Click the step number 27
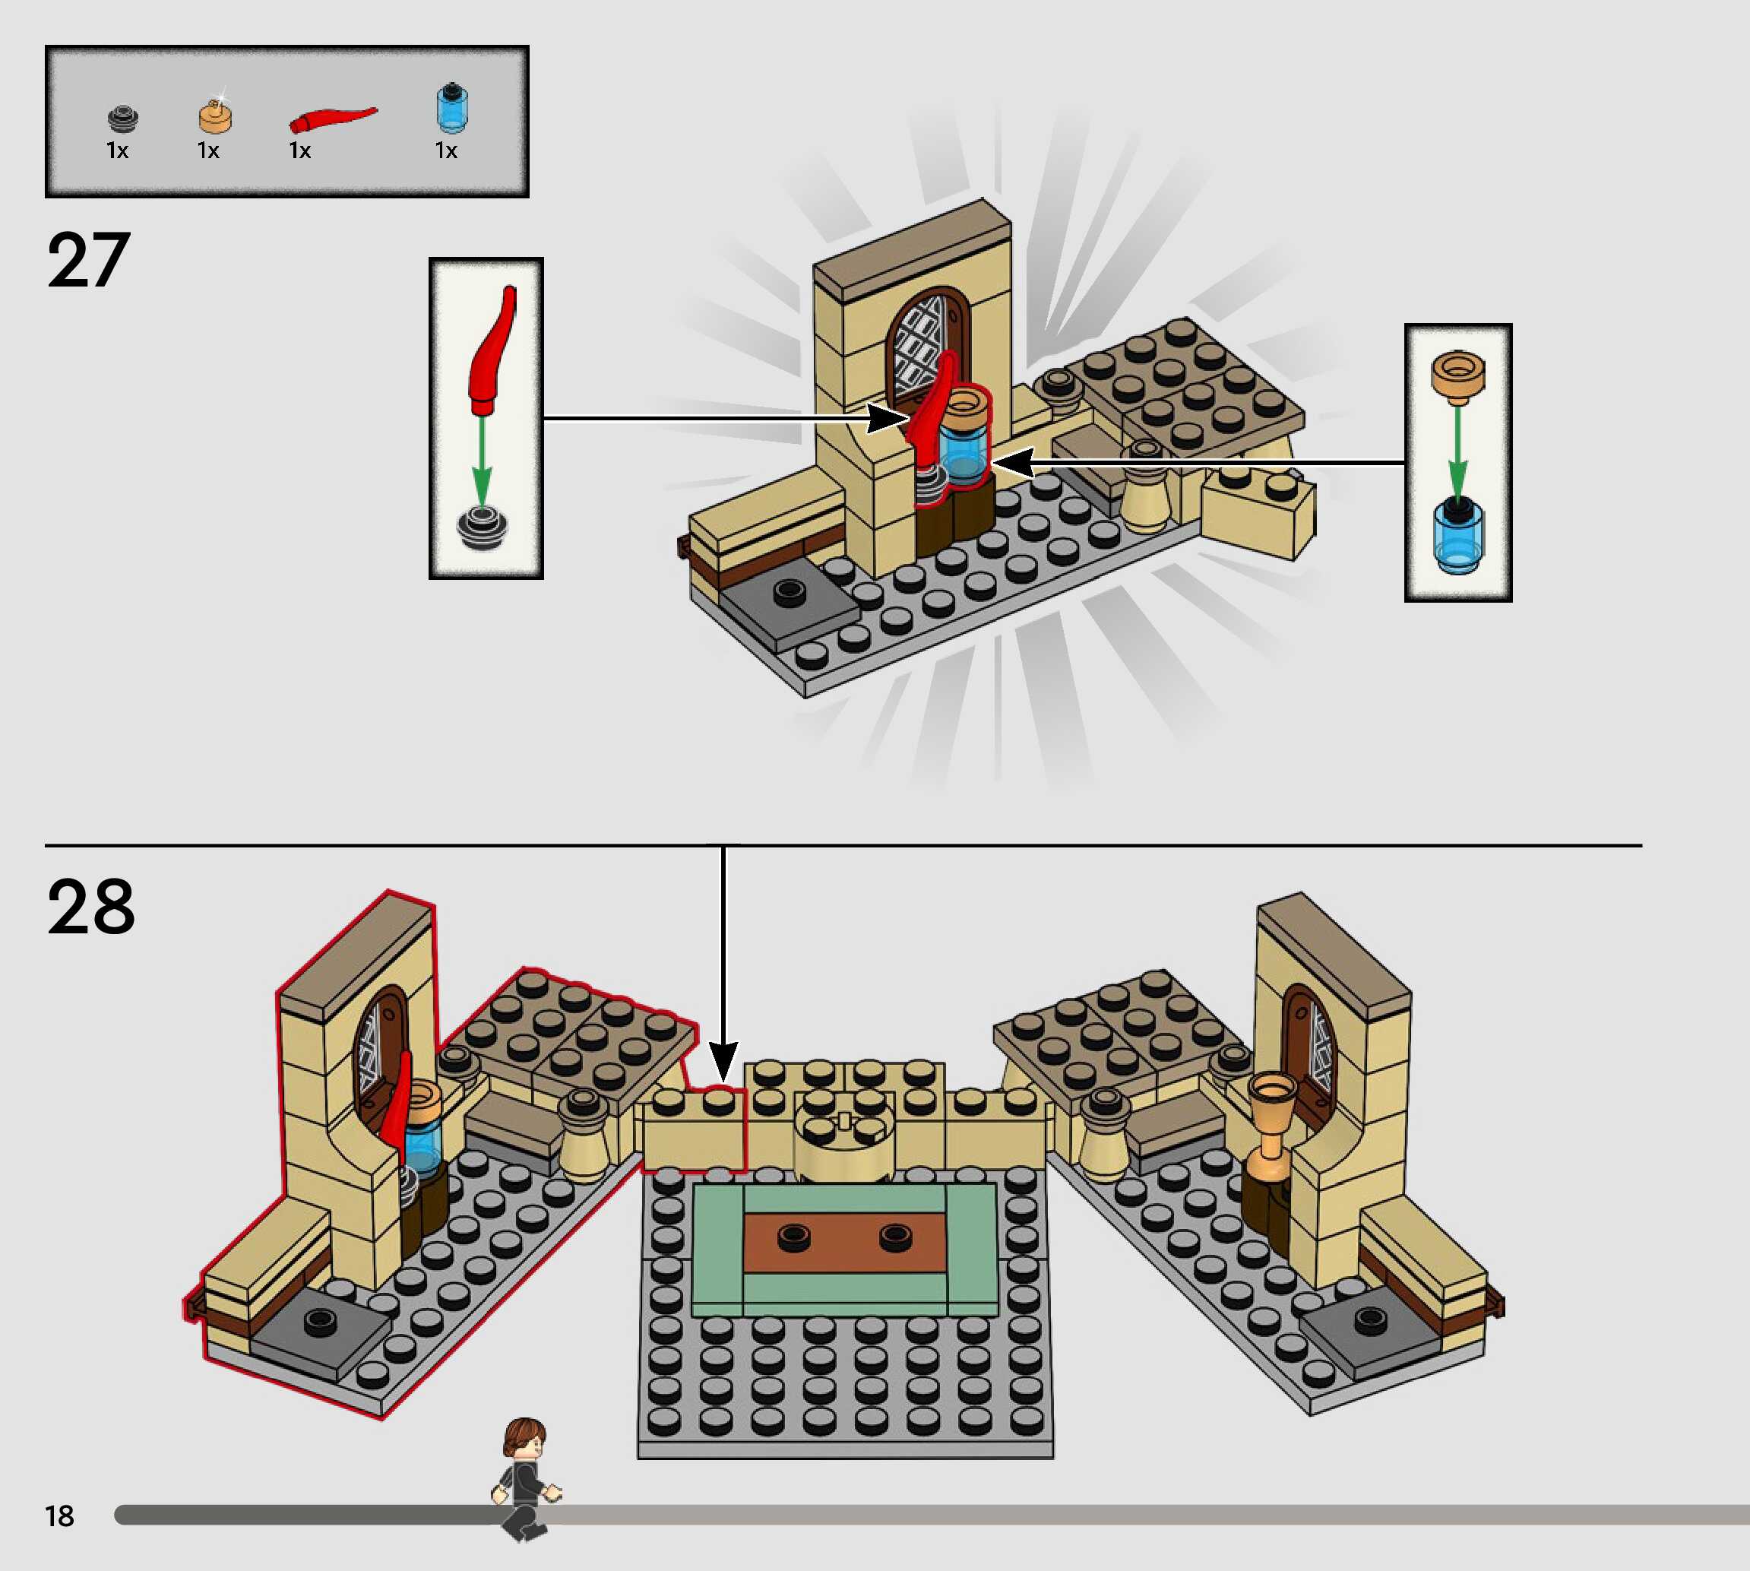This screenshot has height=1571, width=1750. pyautogui.click(x=89, y=260)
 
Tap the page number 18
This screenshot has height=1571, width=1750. pyautogui.click(x=59, y=1516)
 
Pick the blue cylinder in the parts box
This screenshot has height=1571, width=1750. pyautogui.click(x=451, y=108)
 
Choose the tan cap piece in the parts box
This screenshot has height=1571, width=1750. pyautogui.click(x=215, y=116)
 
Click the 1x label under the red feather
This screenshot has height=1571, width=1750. pyautogui.click(x=299, y=151)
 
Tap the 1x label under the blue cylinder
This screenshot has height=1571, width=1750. pyautogui.click(x=446, y=151)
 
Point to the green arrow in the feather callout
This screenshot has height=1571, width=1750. pyautogui.click(x=482, y=458)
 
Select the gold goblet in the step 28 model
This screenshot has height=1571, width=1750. pyautogui.click(x=1271, y=1122)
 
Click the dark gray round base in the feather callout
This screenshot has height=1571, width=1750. pyautogui.click(x=483, y=526)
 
